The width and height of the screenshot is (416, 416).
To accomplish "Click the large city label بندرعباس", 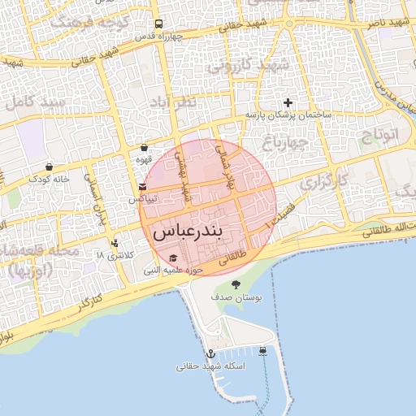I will (x=197, y=231).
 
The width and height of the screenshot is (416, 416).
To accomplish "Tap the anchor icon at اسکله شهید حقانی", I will (x=210, y=354).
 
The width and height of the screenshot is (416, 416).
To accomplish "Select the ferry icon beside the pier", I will (x=264, y=351).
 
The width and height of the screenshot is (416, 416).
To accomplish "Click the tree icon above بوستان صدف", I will (x=236, y=284).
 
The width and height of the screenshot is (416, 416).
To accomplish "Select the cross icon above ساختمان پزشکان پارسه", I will (x=288, y=102).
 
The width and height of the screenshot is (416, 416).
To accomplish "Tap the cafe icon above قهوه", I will (x=144, y=148).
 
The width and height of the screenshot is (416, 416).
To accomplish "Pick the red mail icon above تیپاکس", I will (x=143, y=187).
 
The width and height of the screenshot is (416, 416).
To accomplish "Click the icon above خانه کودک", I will (x=49, y=167).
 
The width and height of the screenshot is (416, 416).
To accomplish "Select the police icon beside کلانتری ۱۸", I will (x=115, y=242).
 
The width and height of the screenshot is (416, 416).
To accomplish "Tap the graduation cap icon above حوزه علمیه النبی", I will (x=173, y=258).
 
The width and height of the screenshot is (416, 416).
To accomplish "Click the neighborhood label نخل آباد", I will (x=173, y=102).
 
